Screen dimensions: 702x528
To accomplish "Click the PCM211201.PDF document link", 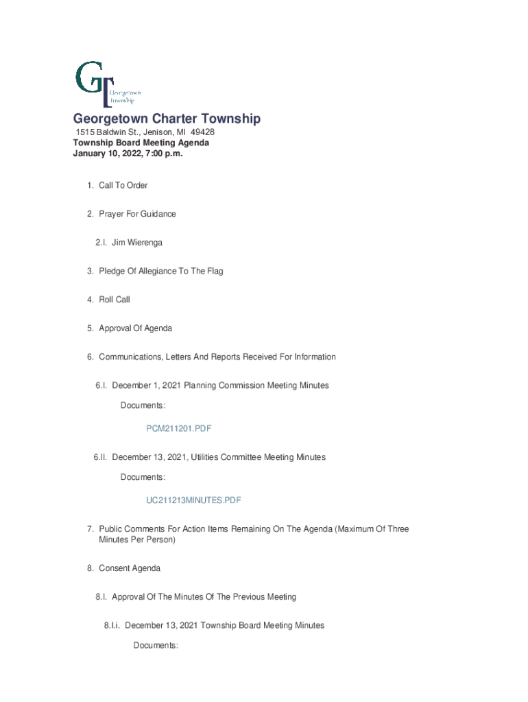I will click(x=178, y=428).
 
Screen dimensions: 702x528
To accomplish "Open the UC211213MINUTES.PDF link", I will click(x=193, y=500).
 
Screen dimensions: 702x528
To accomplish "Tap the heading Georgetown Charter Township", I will click(x=167, y=119).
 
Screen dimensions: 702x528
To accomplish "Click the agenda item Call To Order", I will click(x=123, y=186).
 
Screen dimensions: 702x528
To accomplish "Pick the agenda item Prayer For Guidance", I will click(x=137, y=215).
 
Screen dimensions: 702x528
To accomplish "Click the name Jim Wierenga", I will click(x=136, y=243).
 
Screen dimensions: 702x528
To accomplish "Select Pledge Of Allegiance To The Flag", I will click(x=160, y=271).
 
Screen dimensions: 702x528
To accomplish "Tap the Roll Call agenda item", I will click(x=114, y=300).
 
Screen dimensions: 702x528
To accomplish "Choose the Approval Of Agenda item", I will click(x=135, y=329).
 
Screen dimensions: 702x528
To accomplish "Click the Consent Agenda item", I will click(x=130, y=569).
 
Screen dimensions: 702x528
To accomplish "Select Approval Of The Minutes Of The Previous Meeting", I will click(x=204, y=597).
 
